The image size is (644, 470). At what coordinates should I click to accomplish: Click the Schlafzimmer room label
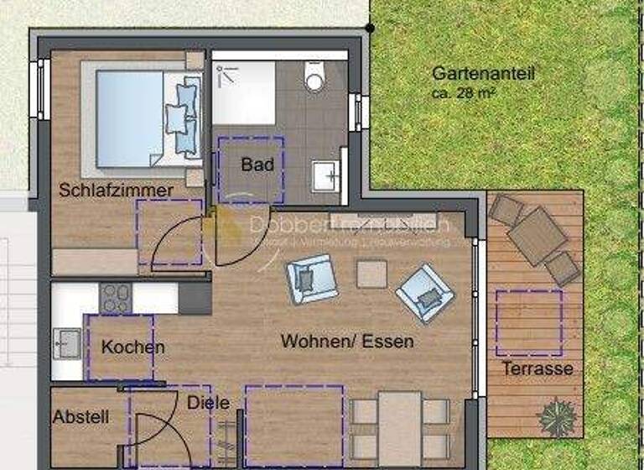coord(116,191)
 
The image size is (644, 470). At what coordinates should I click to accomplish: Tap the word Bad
coord(257,164)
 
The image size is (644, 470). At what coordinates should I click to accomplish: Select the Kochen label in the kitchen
coord(132,347)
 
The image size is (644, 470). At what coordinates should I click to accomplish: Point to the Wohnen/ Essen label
coord(347,342)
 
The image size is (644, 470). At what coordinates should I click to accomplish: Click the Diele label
coord(208,403)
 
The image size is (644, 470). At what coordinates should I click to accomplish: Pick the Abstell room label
coord(80,416)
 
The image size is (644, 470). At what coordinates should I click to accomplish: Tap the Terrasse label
coord(538,368)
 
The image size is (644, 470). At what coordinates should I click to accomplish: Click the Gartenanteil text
coord(483,74)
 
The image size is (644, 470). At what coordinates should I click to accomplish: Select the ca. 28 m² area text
coord(460,92)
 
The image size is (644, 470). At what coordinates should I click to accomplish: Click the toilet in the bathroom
coord(315,78)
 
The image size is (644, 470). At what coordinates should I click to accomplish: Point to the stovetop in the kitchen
coord(115,297)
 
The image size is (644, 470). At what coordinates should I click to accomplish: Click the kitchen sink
coord(67,342)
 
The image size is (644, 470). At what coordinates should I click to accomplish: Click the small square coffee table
coord(371,274)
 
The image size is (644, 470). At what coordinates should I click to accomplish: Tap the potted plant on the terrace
coord(557,417)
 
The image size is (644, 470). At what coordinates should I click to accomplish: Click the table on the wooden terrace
coord(537,235)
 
